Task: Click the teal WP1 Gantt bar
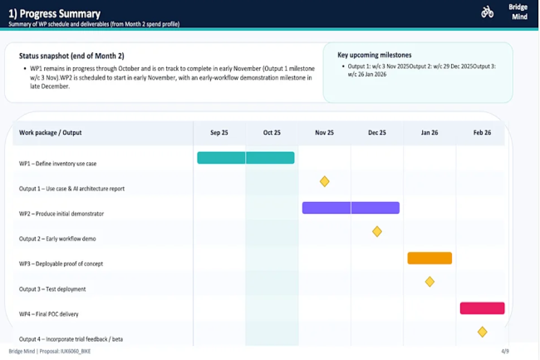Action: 245,157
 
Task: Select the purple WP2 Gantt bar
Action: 351,208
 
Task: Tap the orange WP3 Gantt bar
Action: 430,258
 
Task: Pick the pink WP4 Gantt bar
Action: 482,308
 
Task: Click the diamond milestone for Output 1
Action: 325,181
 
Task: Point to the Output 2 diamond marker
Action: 377,231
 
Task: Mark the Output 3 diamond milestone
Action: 430,282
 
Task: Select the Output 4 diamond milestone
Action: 482,332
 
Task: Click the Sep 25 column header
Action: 220,133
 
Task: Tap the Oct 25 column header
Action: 272,133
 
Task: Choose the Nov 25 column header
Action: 325,133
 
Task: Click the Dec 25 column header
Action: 377,133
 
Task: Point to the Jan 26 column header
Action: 430,133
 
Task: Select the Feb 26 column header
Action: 482,133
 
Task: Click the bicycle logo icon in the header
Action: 488,12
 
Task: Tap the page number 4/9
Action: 505,352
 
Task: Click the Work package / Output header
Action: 51,133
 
